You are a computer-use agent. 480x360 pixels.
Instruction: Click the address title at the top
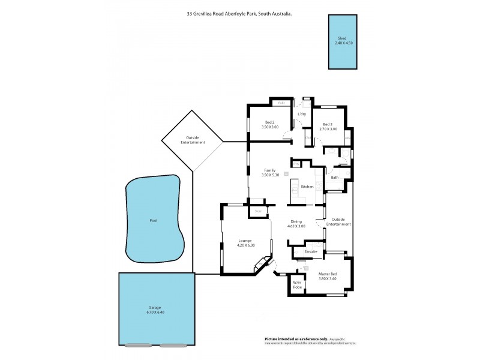coord(239,13)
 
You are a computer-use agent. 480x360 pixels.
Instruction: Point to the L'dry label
coord(302,114)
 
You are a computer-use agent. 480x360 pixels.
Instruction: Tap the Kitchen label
coord(307,187)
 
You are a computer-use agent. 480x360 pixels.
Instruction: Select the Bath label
coord(334,178)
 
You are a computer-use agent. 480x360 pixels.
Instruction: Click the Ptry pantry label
coord(296,163)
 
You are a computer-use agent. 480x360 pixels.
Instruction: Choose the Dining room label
coord(298,221)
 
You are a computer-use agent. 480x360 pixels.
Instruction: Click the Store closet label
coord(259,211)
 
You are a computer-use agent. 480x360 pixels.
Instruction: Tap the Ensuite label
coord(311,251)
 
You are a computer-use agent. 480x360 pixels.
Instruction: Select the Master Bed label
coord(328,274)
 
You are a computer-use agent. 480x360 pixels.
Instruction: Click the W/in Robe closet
coord(298,285)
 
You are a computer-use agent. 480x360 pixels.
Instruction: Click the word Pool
coord(153,221)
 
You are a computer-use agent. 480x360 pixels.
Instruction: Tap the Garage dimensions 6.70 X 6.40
coord(155,313)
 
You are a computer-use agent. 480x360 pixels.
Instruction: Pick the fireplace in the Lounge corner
coord(262,265)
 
